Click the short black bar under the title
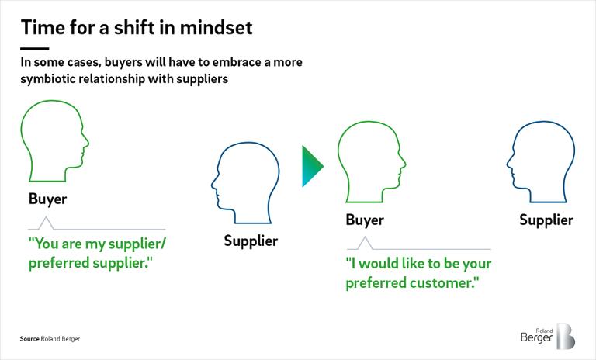pos(35,49)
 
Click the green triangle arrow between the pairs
pos(313,166)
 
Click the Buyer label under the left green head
pos(48,199)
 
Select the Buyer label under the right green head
pos(365,220)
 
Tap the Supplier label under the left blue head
pos(251,241)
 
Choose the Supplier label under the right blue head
pos(546,220)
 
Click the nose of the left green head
pos(87,144)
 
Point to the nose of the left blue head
pos(213,185)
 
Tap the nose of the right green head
pos(404,164)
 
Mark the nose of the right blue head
pos(508,164)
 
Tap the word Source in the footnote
pos(29,339)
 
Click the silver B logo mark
pos(566,336)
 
